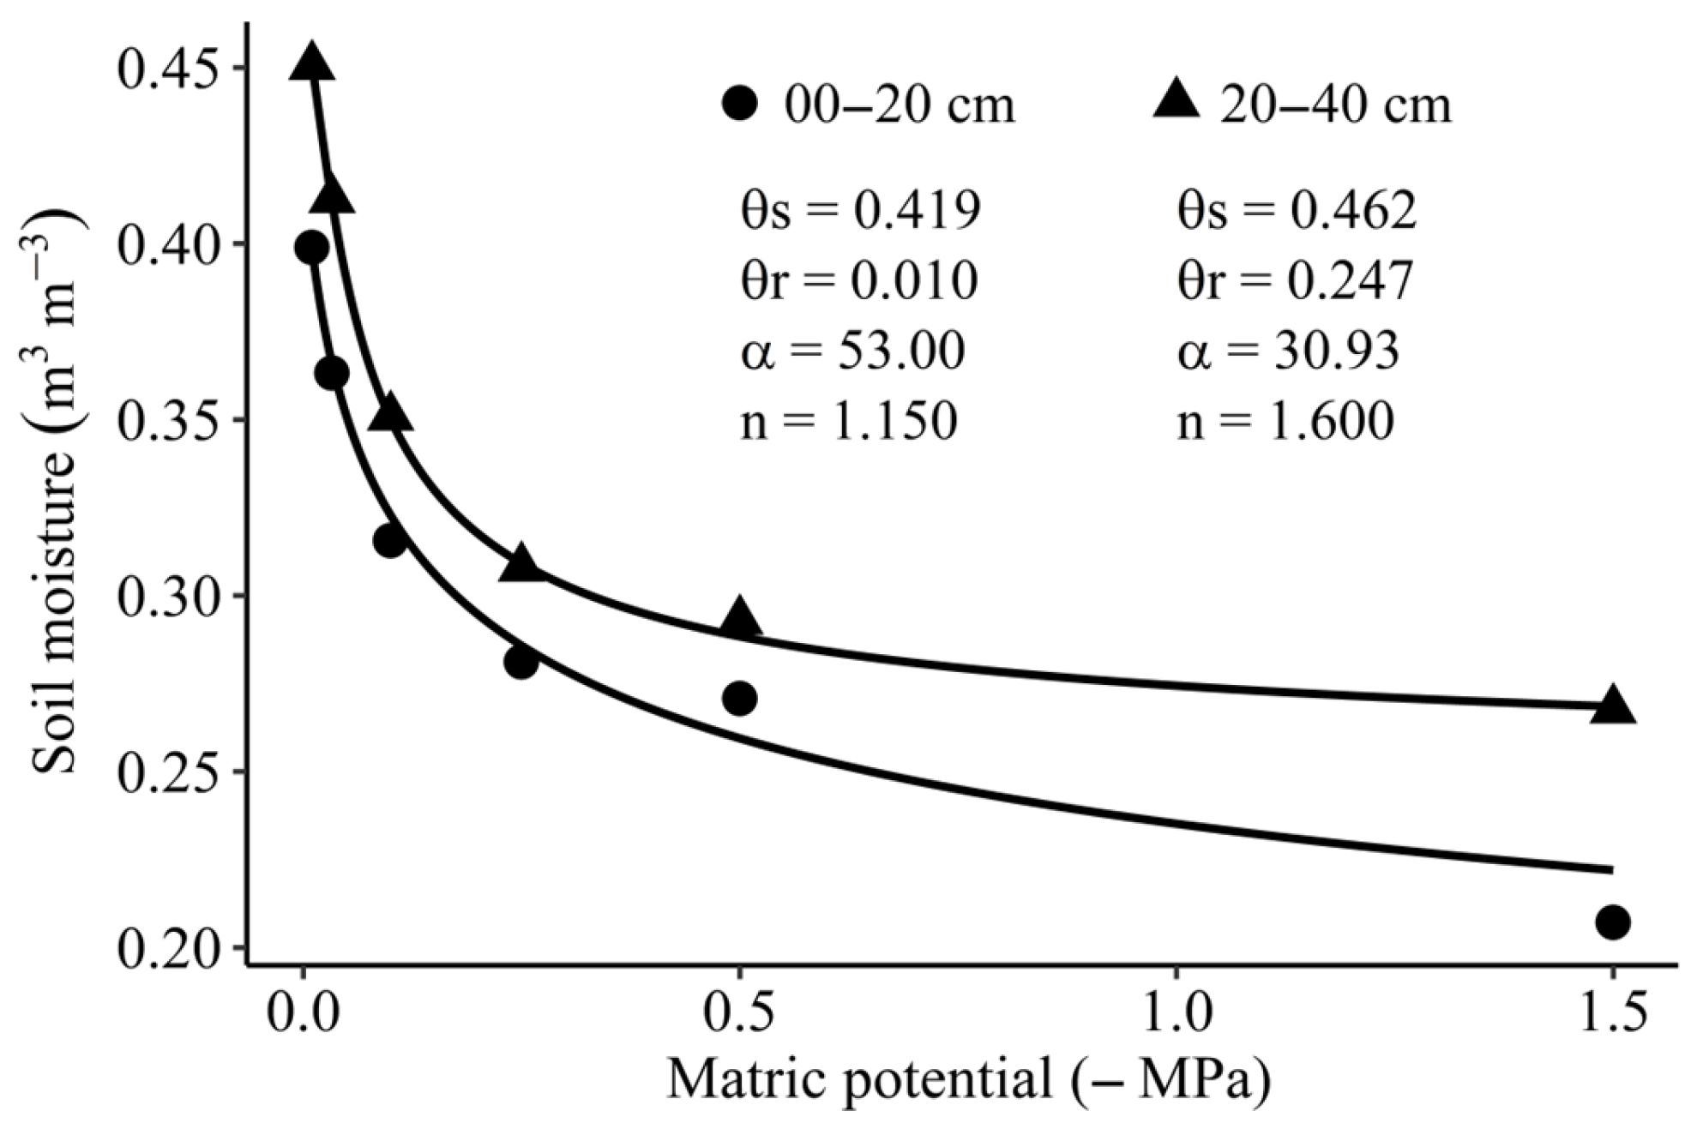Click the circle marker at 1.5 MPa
coord(1612,922)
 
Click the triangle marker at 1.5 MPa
coord(1612,706)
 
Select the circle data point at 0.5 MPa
coord(739,699)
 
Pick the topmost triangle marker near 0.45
coord(312,63)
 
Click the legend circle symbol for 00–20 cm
coord(739,105)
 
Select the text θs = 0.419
coord(860,210)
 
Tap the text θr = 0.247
coord(1295,280)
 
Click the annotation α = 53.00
coord(852,351)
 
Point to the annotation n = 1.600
coord(1285,421)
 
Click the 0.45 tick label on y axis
coord(167,69)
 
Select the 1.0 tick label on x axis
coord(1175,1012)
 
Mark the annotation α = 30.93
coord(1288,351)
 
